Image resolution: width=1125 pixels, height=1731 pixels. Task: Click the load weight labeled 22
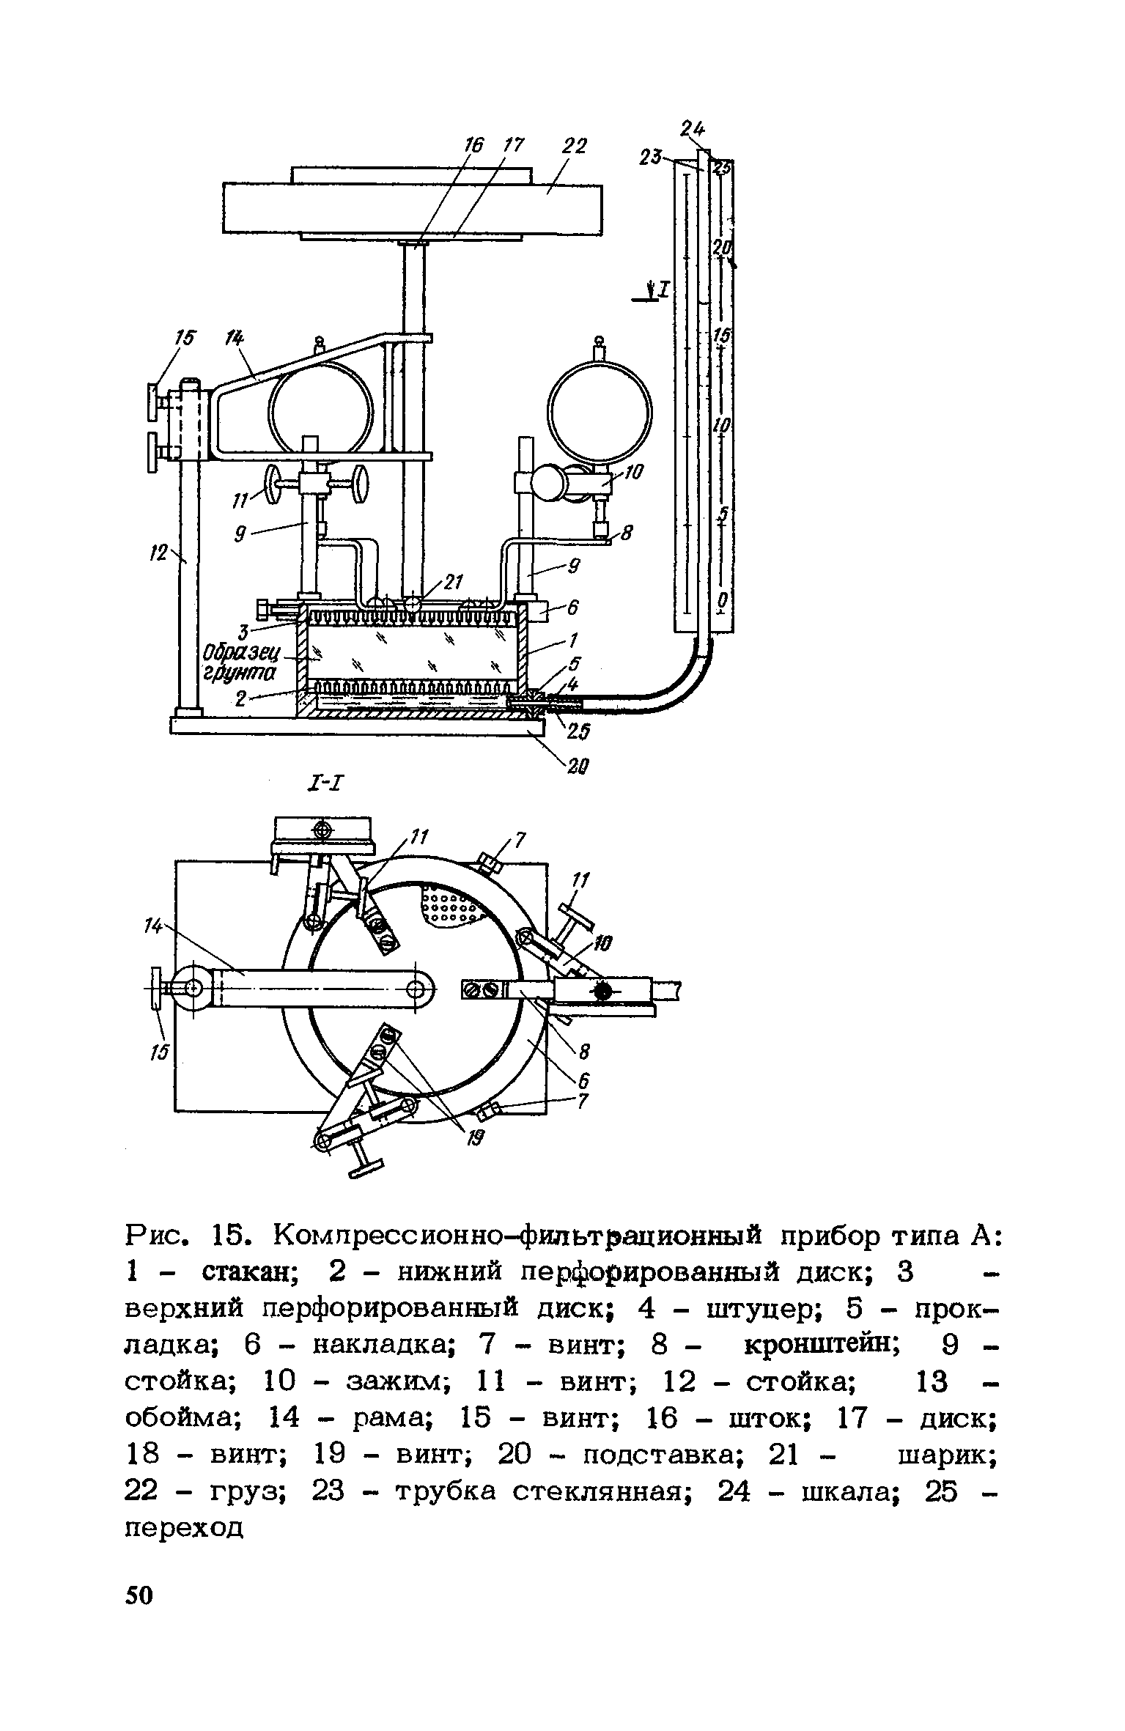tap(413, 207)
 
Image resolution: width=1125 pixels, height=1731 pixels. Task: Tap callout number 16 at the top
tap(473, 146)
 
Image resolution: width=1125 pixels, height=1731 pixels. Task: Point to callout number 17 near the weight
tap(514, 145)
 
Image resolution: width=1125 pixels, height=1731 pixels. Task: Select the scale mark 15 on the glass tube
tap(723, 336)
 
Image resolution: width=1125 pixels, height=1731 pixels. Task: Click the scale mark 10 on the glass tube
tap(723, 426)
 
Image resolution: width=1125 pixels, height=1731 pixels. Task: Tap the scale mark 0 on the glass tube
tap(723, 601)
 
